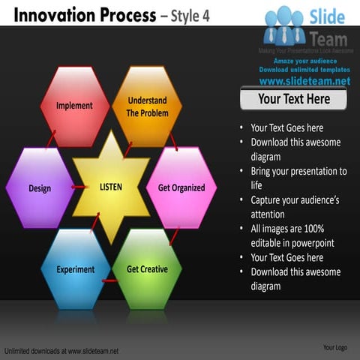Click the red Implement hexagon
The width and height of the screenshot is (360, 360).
tap(74, 106)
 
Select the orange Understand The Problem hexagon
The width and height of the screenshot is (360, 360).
tap(147, 106)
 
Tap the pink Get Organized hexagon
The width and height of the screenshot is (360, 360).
tap(181, 187)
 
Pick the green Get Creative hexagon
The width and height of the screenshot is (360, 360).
tap(147, 269)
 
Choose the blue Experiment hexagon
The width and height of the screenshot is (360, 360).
tap(75, 269)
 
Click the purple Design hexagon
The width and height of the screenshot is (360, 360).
tap(40, 187)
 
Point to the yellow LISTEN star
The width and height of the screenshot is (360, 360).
tap(112, 187)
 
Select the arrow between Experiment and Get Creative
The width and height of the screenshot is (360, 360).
tap(111, 280)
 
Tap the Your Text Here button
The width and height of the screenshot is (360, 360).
tap(293, 99)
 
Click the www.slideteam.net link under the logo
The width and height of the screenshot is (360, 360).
tap(304, 81)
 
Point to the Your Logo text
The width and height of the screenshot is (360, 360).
tap(334, 347)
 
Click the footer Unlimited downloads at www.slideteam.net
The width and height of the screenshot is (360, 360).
tap(61, 350)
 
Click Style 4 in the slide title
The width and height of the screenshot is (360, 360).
tap(186, 14)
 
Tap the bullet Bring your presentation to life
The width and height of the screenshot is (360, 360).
tap(298, 178)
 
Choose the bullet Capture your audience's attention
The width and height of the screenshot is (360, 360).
tap(295, 207)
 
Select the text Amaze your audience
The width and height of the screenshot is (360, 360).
tap(304, 61)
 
